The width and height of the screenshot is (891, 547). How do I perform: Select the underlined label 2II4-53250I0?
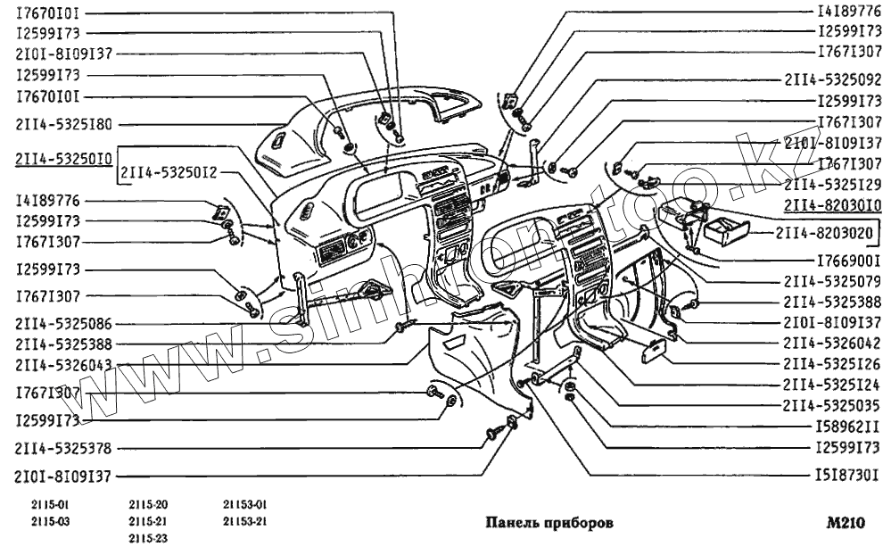point(62,160)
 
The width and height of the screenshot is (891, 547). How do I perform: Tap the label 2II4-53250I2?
point(169,171)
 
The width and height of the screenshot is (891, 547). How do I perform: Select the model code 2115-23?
point(148,536)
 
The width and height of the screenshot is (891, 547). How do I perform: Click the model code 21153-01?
point(245,504)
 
